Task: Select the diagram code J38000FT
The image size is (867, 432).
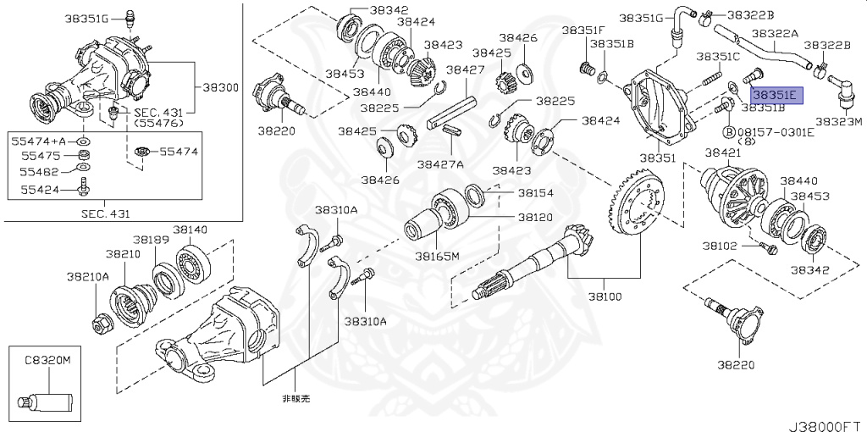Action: point(826,418)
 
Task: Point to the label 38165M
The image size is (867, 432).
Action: point(437,255)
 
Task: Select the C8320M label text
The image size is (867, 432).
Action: point(47,360)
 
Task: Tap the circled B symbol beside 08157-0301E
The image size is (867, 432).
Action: point(727,132)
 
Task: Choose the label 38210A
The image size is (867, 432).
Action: point(89,276)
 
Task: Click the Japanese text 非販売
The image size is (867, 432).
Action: point(290,397)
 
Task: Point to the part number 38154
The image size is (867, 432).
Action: point(535,193)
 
